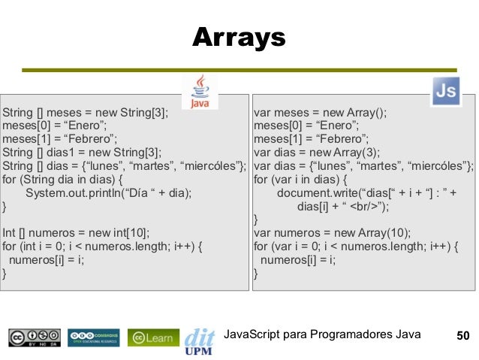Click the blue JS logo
pos(445,92)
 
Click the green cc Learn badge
pos(153,337)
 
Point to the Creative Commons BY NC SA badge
pos(35,337)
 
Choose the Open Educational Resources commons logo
pos(94,337)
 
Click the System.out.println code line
pos(108,192)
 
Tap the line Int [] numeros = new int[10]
pos(76,233)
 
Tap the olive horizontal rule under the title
pos(239,69)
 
